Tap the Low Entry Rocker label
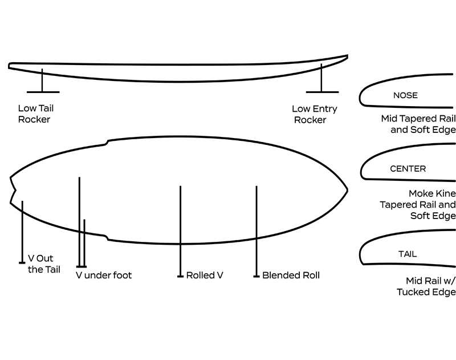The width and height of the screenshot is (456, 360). pos(314,114)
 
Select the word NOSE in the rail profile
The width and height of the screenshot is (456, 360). pos(405,95)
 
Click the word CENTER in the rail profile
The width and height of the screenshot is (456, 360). pos(408,169)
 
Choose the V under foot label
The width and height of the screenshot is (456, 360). pos(104,276)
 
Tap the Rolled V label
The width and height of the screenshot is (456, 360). pos(204,276)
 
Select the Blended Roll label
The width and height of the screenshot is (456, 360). pos(291,276)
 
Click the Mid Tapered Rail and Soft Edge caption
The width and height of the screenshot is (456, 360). pos(418,124)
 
